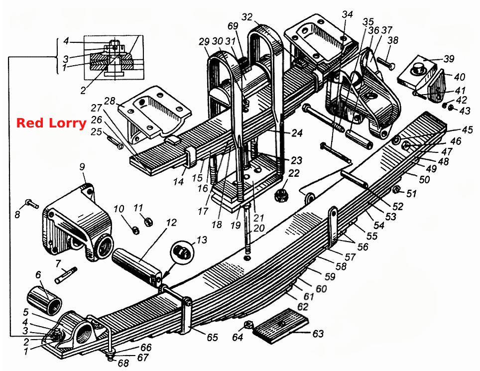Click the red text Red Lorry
[51, 123]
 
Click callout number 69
[233, 26]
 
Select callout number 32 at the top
[247, 17]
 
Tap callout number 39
[449, 59]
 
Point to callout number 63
[318, 333]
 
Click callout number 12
[171, 223]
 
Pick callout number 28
[109, 101]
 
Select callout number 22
[294, 174]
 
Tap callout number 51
[411, 194]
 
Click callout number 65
[212, 337]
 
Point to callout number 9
[82, 167]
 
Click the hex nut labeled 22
[281, 195]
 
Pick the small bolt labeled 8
[31, 204]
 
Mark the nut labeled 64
[248, 324]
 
